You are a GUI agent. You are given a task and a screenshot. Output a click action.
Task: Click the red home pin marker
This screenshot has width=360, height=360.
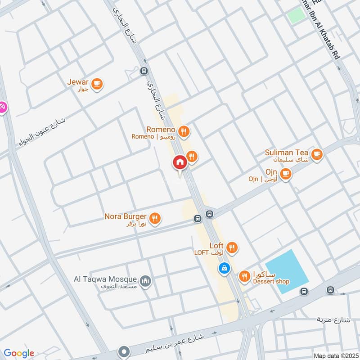click(x=180, y=162)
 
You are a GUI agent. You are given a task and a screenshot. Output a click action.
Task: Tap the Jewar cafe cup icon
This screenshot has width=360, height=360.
click(x=97, y=84)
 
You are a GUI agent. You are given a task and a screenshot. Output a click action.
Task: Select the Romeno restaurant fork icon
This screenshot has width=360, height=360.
click(x=184, y=131)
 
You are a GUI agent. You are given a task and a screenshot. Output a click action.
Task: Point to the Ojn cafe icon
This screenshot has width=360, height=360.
click(x=285, y=173)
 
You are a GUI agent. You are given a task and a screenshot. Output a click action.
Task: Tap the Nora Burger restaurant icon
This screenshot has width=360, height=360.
click(x=155, y=218)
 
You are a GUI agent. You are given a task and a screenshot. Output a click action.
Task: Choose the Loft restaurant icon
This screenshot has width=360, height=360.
click(x=232, y=247)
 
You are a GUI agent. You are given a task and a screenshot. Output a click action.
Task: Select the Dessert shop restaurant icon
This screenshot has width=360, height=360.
click(x=244, y=276)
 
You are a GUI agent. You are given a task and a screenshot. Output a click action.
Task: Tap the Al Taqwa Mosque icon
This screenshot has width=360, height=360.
click(x=145, y=282)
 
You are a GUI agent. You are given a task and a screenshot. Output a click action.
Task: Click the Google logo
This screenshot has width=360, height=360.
click(x=19, y=353)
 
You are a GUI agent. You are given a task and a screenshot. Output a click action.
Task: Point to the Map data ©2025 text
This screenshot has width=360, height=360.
click(x=335, y=355)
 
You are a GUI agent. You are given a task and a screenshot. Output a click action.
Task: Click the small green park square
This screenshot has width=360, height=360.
click(x=296, y=16)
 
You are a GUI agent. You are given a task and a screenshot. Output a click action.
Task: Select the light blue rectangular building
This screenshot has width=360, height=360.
click(x=287, y=272)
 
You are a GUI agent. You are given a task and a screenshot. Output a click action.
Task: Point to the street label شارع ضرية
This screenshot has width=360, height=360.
click(x=334, y=320)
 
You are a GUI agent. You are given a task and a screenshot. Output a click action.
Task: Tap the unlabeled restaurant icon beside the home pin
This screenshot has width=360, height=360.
click(x=192, y=156)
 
